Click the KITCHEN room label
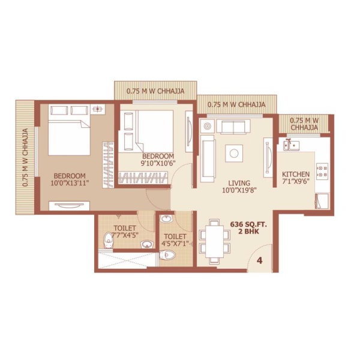click(296, 174)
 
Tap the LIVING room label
click(239, 183)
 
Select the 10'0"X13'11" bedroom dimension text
click(70, 183)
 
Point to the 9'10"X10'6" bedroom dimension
click(158, 163)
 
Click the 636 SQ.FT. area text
click(248, 224)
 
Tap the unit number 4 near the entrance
click(260, 260)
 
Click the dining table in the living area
click(215, 242)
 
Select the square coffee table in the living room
click(234, 154)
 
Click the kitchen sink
click(290, 146)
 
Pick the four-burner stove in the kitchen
click(322, 171)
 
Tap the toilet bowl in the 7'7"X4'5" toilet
click(109, 241)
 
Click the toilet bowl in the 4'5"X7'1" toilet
click(167, 255)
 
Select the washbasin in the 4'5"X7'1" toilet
click(166, 219)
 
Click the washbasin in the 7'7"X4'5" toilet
click(147, 244)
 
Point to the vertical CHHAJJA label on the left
click(25, 157)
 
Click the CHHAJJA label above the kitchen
click(304, 124)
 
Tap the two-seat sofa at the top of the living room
click(233, 126)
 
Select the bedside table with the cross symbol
click(98, 109)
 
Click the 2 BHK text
click(248, 232)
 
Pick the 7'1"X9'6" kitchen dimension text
click(296, 181)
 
